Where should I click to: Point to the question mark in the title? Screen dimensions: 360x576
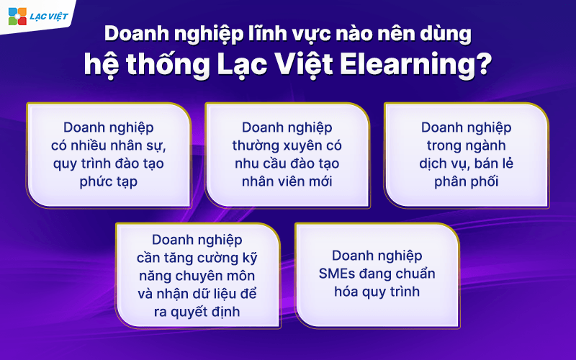click(x=477, y=67)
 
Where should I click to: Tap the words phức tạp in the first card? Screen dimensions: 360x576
click(x=108, y=181)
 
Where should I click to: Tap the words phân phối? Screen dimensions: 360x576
click(x=466, y=181)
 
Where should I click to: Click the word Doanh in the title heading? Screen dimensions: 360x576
click(x=137, y=34)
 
